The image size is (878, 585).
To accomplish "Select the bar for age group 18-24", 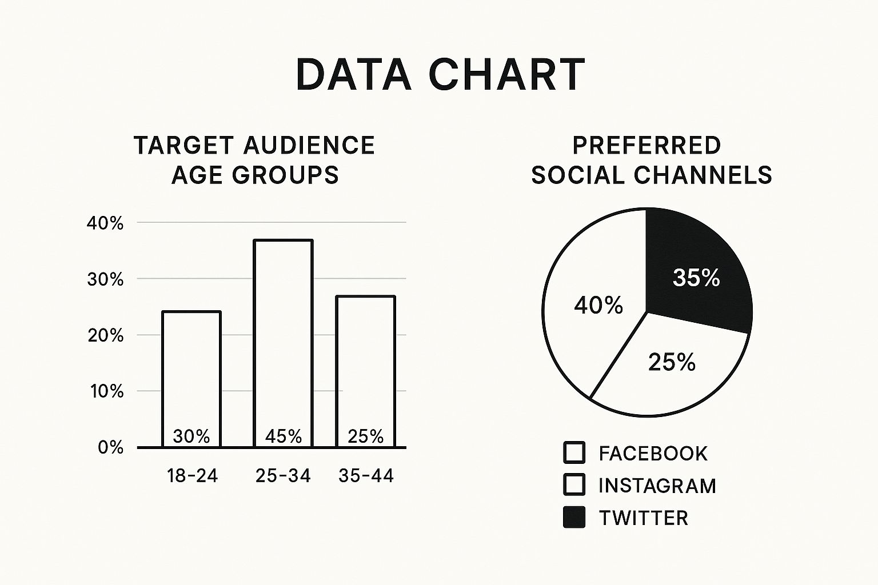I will click(191, 371).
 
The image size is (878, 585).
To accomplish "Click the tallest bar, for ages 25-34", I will click(284, 331).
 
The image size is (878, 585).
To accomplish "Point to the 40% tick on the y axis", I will click(105, 223).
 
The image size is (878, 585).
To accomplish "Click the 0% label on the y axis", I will click(110, 447).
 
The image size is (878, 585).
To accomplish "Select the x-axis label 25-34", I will click(283, 475).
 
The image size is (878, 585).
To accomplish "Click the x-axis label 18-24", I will click(193, 475).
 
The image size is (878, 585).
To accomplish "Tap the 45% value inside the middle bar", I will click(284, 436).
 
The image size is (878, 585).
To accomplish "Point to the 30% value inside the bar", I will click(191, 436).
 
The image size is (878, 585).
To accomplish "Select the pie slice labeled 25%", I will click(672, 366).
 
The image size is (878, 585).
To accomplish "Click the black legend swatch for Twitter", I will click(574, 517).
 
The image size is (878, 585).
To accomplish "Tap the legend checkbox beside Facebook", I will click(574, 452).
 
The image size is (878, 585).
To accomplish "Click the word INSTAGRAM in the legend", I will click(657, 486).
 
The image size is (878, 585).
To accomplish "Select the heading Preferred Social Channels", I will click(651, 161).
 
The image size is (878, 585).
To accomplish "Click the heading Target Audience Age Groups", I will click(254, 161).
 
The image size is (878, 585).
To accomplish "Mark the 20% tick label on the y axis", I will click(105, 335).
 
